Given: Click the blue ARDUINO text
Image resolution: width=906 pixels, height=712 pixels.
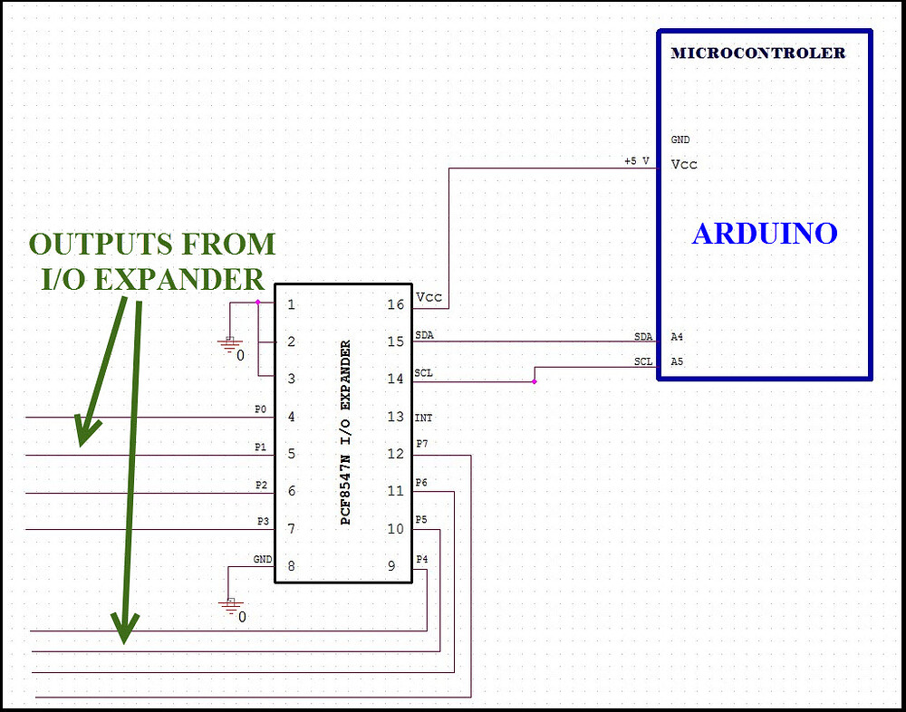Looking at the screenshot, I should (x=764, y=234).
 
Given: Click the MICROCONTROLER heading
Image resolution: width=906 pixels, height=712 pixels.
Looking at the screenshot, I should (x=757, y=53).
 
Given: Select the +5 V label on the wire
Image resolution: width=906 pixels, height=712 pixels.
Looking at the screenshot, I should (x=636, y=161).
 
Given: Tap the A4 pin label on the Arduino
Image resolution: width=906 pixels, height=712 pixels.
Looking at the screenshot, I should (x=677, y=337).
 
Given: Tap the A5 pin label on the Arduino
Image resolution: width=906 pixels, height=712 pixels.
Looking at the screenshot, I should (x=677, y=361).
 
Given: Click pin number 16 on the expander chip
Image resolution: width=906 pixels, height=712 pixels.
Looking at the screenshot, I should (x=395, y=304).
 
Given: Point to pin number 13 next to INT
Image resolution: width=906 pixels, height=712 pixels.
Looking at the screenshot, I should (x=395, y=417).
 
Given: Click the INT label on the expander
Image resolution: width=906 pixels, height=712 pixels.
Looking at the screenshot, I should (x=423, y=419).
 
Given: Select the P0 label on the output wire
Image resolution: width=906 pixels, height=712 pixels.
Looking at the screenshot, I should (x=261, y=409).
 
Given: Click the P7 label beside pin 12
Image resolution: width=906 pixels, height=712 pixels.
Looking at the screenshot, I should (x=421, y=443).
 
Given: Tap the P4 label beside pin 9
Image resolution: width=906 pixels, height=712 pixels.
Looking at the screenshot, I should (x=421, y=559).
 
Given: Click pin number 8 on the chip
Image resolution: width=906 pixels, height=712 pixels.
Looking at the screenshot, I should (x=291, y=566).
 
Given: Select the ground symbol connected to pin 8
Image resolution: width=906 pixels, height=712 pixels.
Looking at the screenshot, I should (x=231, y=605).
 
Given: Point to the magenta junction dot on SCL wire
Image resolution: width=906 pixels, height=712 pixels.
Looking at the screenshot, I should (x=535, y=381).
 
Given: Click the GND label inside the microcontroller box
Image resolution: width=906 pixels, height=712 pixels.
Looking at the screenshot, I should (x=679, y=140).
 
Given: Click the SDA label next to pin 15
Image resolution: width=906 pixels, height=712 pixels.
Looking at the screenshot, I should (x=424, y=335).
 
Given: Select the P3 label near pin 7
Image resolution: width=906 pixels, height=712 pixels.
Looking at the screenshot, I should (x=263, y=522).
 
